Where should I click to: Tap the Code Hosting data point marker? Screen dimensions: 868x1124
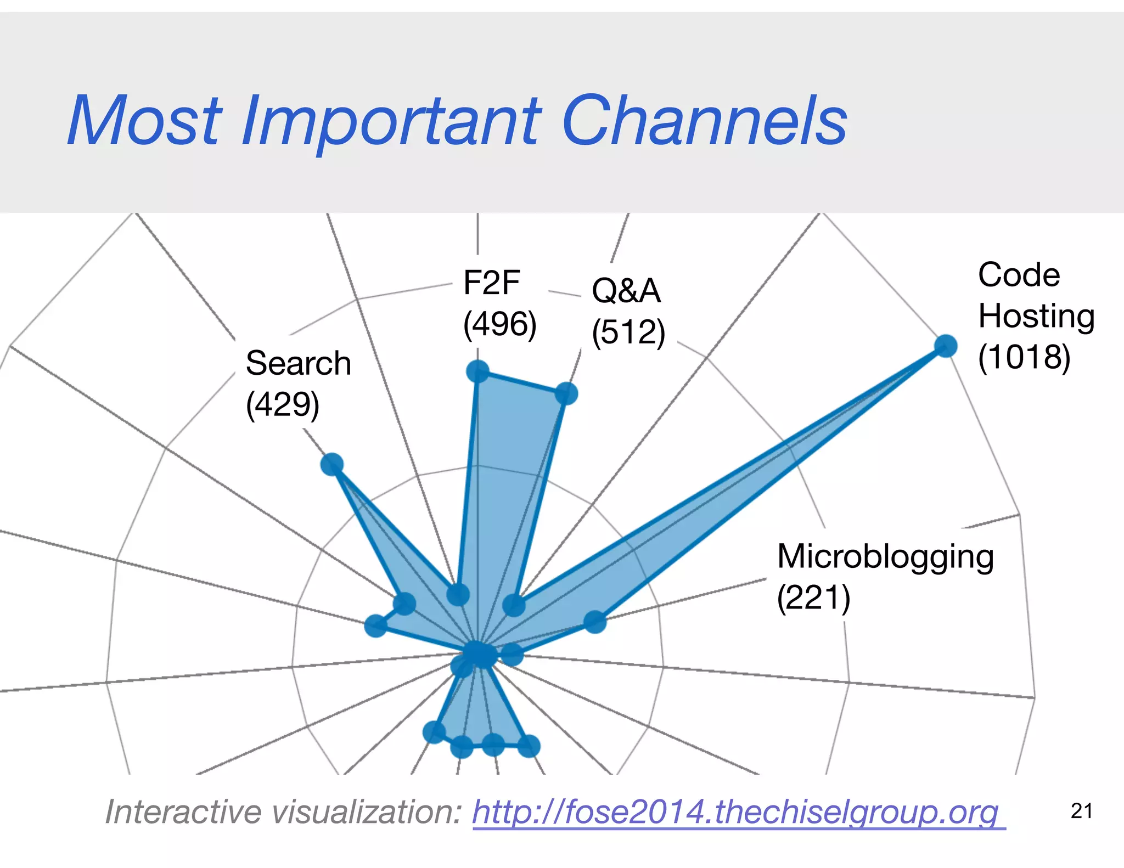pyautogui.click(x=946, y=346)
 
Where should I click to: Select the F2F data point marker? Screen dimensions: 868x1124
pyautogui.click(x=477, y=371)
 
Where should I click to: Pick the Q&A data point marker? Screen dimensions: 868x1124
pyautogui.click(x=566, y=393)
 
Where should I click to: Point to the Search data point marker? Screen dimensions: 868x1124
pyautogui.click(x=332, y=464)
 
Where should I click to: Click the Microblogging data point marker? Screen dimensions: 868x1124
pyautogui.click(x=594, y=622)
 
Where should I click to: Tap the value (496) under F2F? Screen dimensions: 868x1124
pyautogui.click(x=499, y=324)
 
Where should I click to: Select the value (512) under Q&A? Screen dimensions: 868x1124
pyautogui.click(x=628, y=332)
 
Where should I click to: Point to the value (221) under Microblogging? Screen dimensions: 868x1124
pyautogui.click(x=813, y=598)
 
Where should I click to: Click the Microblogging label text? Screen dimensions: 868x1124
pyautogui.click(x=885, y=556)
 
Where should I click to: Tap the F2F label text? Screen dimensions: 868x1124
pyautogui.click(x=491, y=283)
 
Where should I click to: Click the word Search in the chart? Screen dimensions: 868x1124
pyautogui.click(x=298, y=363)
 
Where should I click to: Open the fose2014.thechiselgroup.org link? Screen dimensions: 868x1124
pyautogui.click(x=739, y=811)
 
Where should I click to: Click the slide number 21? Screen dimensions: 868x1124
pyautogui.click(x=1081, y=811)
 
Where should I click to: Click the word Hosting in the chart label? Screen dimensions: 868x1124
pyautogui.click(x=1036, y=316)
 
